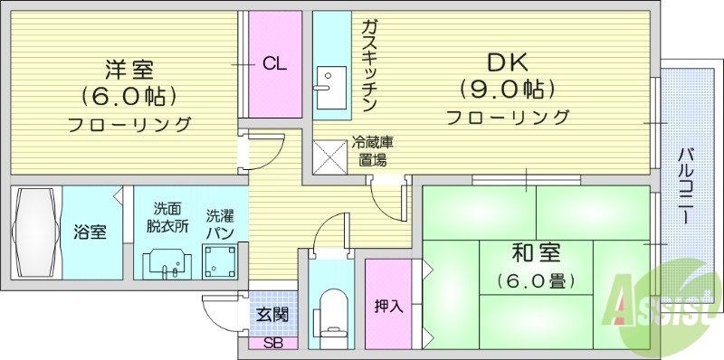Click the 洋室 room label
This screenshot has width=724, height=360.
click(129, 69)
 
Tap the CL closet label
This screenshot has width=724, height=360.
click(275, 63)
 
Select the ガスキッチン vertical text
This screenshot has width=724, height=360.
click(369, 64)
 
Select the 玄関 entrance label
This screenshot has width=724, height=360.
click(271, 315)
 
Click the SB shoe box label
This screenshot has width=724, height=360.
click(271, 344)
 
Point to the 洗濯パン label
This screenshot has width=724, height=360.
click(220, 224)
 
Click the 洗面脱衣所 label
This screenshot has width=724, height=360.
click(168, 218)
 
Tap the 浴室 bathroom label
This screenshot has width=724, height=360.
click(90, 232)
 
